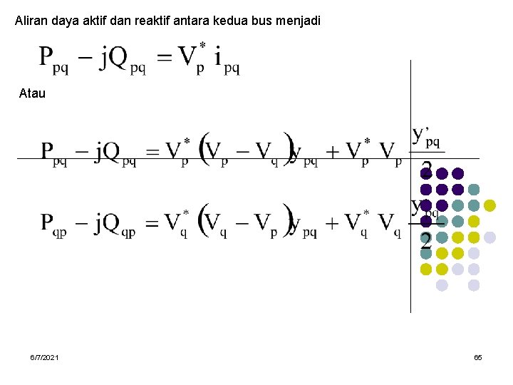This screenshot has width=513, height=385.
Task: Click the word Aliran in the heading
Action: [31, 21]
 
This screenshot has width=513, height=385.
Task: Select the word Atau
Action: [32, 93]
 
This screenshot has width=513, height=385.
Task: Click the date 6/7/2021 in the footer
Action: [45, 356]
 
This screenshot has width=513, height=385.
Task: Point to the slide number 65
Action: [478, 356]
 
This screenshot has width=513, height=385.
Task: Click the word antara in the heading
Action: [185, 21]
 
